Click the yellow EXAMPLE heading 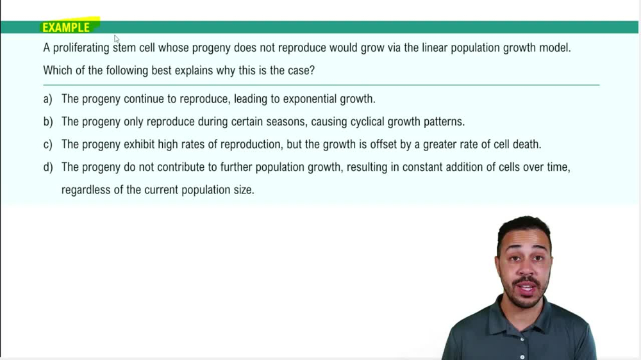(67, 28)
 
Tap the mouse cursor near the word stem (117, 39)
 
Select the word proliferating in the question (81, 48)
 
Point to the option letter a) (48, 99)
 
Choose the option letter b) (48, 122)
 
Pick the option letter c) (48, 144)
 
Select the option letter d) (48, 167)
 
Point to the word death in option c (527, 144)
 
